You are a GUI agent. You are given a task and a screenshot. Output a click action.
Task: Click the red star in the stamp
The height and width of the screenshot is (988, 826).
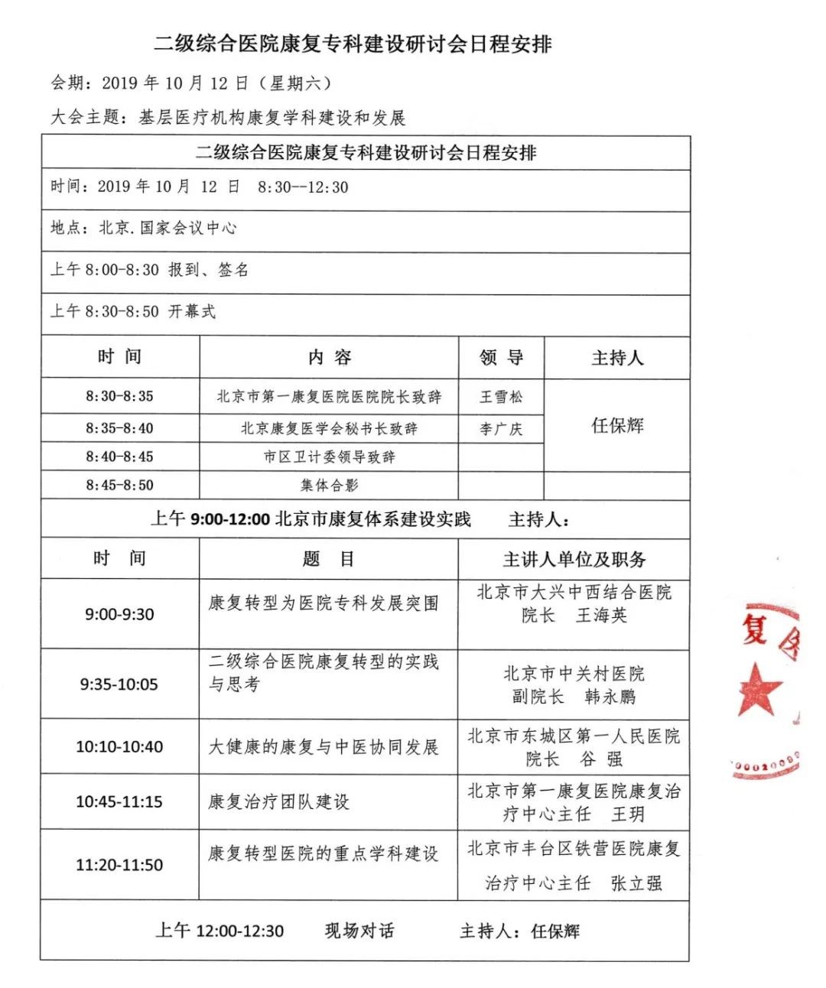[759, 689]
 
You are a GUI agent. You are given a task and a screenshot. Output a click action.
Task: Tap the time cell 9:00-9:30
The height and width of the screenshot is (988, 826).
[119, 614]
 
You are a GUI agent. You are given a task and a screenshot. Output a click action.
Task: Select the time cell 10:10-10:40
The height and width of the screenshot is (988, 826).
[119, 746]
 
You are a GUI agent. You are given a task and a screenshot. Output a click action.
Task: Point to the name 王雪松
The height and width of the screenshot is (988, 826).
[501, 397]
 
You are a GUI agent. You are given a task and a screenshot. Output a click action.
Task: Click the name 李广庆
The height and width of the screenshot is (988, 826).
[501, 429]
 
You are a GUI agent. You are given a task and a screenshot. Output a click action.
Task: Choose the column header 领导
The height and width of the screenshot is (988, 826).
[501, 357]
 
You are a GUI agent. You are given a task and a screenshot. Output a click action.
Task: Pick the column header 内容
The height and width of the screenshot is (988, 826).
[330, 357]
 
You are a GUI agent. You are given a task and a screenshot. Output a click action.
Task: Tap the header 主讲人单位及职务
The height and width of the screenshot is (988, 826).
[574, 560]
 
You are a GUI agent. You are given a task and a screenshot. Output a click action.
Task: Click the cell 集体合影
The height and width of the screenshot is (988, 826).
[330, 486]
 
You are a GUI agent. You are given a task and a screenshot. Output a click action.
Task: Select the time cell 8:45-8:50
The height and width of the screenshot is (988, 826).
[119, 486]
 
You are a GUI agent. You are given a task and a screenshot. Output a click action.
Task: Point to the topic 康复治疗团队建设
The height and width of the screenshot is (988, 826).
[279, 801]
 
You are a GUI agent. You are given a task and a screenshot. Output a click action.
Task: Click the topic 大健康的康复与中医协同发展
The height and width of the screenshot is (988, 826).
[324, 746]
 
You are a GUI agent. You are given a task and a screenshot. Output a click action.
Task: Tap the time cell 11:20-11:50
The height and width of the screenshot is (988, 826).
[119, 865]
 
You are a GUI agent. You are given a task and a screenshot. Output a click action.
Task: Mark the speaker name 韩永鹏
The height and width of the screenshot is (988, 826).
[610, 697]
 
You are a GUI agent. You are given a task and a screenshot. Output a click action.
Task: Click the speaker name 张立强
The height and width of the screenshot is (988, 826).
[636, 883]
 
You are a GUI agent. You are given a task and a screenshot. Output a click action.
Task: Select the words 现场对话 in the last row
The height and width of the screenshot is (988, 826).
[359, 931]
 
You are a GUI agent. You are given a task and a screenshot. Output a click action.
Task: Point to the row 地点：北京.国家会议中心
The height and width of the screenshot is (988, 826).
[144, 228]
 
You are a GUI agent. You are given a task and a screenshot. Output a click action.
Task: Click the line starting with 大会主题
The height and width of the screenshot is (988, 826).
[228, 118]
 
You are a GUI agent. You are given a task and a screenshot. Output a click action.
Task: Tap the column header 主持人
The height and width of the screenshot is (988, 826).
[616, 358]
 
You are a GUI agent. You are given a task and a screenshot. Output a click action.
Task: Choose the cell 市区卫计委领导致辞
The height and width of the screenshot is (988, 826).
[330, 457]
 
